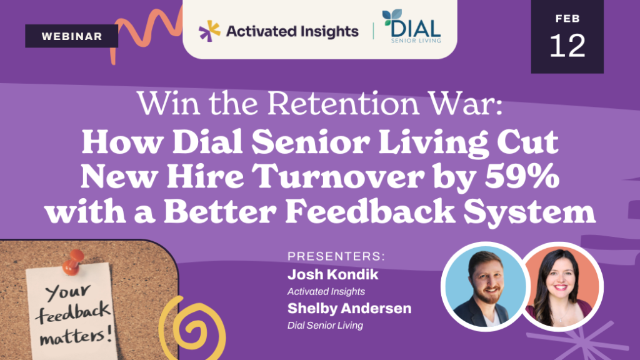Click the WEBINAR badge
point(72,36)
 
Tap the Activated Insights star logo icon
point(209,29)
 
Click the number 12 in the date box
point(567,46)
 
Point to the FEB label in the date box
point(567,19)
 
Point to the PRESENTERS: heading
point(336,256)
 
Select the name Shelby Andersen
point(349,309)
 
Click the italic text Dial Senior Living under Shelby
point(325,325)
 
